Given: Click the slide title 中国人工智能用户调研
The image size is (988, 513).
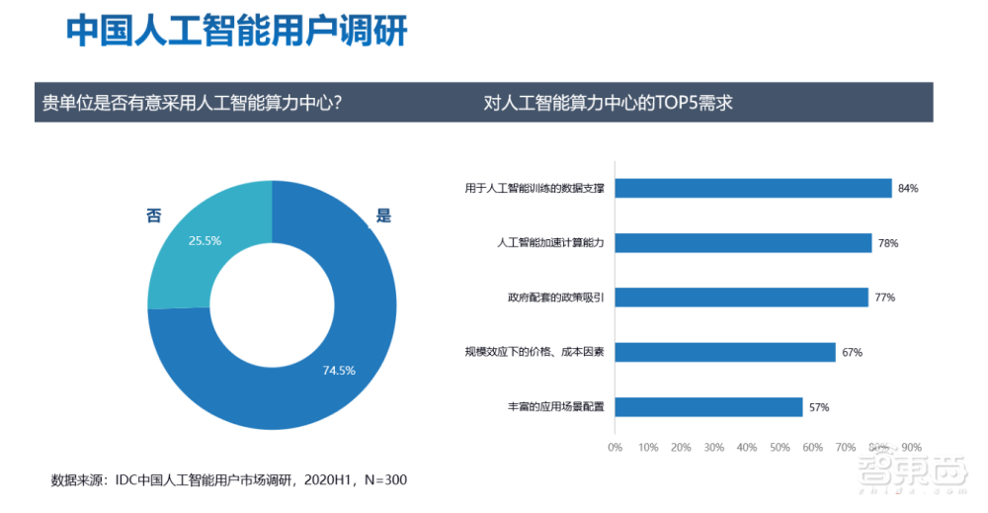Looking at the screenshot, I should pyautogui.click(x=237, y=31).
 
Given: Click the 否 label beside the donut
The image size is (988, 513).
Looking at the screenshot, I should pyautogui.click(x=154, y=215).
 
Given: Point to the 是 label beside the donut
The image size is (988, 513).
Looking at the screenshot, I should pyautogui.click(x=383, y=216).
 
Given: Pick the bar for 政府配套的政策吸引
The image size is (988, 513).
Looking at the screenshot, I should pyautogui.click(x=741, y=297).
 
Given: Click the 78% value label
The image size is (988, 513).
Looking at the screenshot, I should pyautogui.click(x=887, y=243).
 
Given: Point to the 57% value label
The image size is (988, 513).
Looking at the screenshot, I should pyautogui.click(x=818, y=407).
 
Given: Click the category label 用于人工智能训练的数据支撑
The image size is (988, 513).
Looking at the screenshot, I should pyautogui.click(x=535, y=188).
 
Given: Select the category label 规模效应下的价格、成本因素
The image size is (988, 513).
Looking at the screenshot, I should pyautogui.click(x=535, y=352).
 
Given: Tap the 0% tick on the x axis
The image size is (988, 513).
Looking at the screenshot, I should pyautogui.click(x=615, y=448).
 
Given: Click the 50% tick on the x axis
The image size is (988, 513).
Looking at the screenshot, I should pyautogui.click(x=780, y=448).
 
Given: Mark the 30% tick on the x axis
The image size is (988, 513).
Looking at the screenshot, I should pyautogui.click(x=713, y=448).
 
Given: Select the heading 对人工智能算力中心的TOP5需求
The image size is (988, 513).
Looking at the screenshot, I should pyautogui.click(x=608, y=103).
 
